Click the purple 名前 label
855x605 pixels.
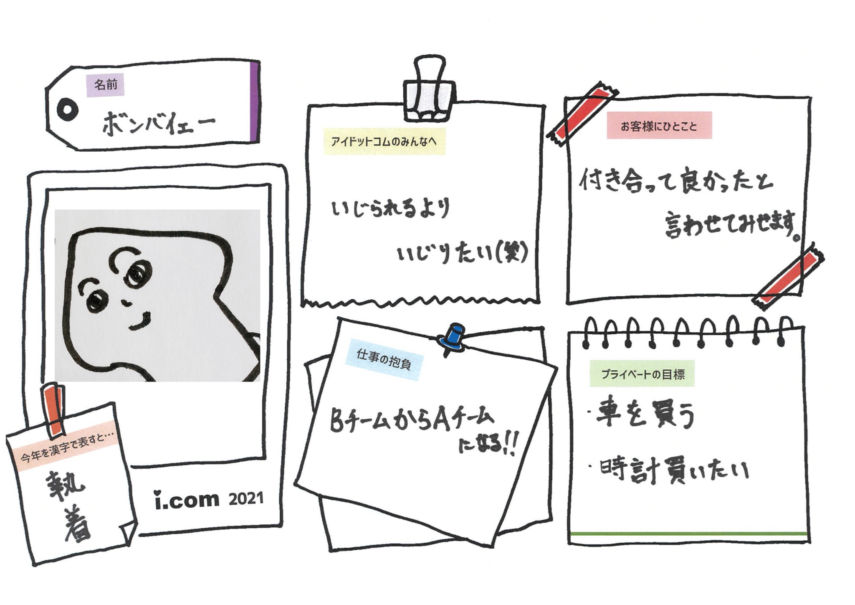coord(105,85)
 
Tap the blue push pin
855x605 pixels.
coord(453,339)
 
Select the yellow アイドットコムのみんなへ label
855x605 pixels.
coord(384,142)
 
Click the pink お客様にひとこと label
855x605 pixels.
coord(659,126)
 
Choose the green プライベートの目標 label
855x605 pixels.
coord(642,374)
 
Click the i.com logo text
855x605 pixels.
coord(187,500)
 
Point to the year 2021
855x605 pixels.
coord(246,499)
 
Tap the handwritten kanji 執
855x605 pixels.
coord(66,486)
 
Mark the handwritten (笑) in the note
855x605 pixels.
coord(512,253)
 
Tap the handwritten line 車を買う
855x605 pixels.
coord(643,414)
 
